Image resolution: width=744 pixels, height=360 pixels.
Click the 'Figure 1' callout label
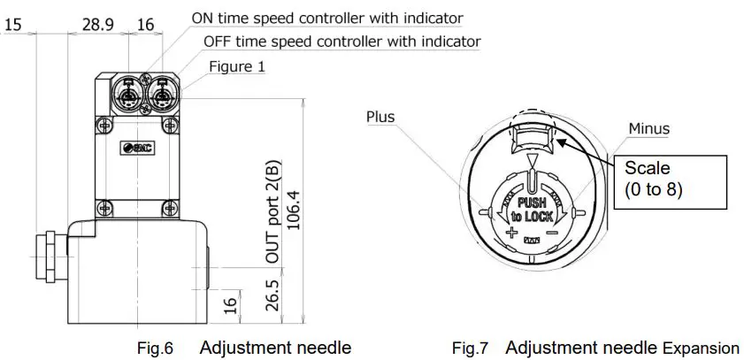(x=237, y=66)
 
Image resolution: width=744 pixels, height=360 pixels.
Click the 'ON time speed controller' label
(x=327, y=18)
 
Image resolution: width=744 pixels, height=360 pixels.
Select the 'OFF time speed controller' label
(x=341, y=42)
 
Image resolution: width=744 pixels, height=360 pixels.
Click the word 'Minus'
(x=648, y=129)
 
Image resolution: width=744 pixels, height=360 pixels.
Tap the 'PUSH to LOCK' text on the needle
(x=528, y=209)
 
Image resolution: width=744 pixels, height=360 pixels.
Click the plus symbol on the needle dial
(x=511, y=234)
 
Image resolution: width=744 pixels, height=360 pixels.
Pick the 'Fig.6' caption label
(x=157, y=349)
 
